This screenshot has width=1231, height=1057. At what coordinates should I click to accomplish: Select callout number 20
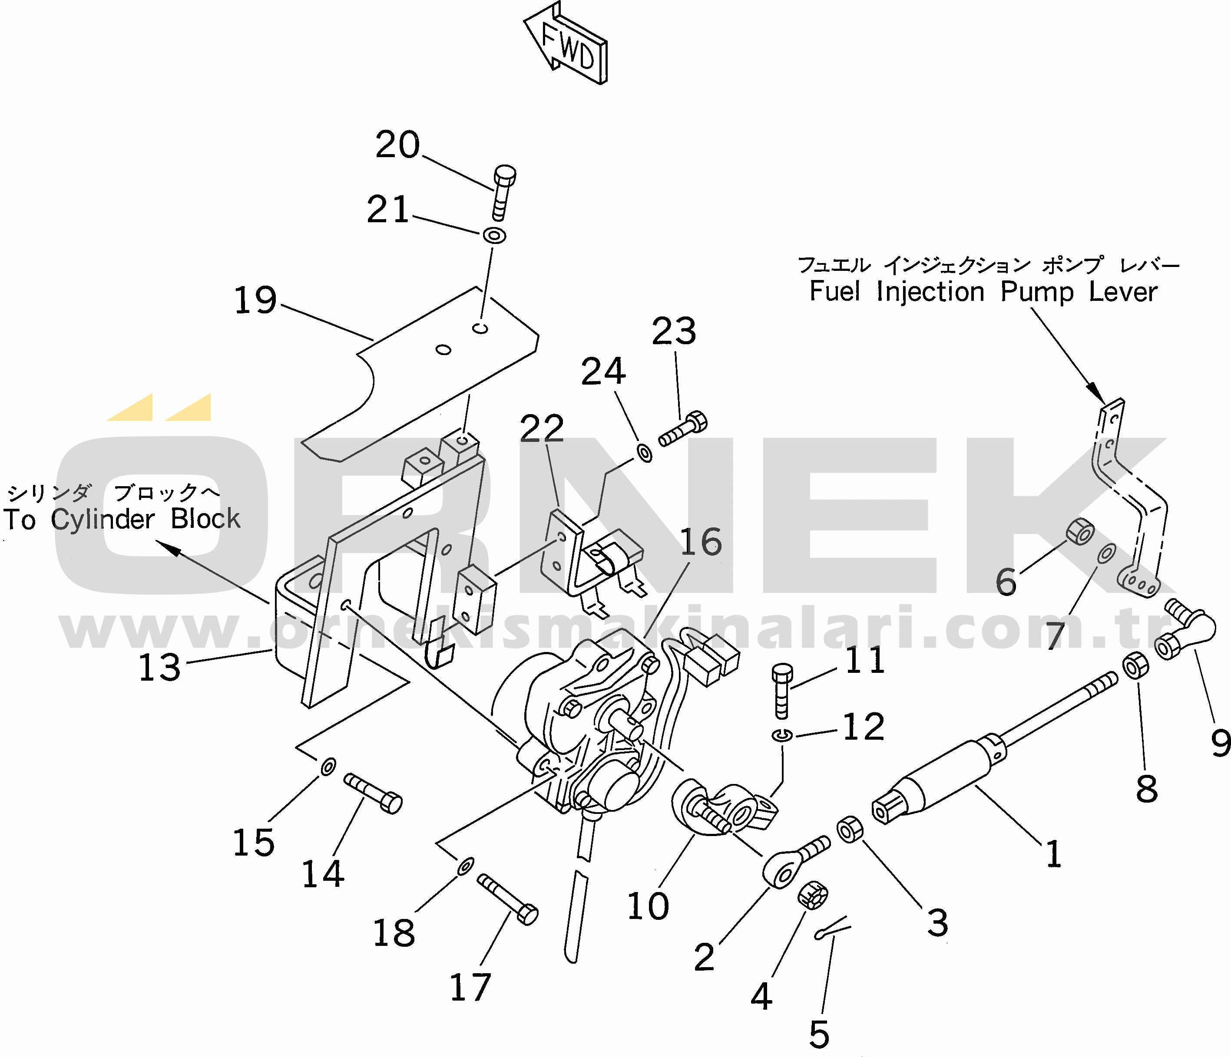(397, 145)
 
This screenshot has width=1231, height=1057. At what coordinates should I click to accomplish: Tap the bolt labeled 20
(503, 191)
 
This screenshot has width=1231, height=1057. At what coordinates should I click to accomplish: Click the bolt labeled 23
(683, 431)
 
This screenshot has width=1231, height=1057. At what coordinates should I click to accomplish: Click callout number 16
(701, 542)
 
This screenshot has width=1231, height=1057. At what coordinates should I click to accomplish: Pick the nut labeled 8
(1134, 666)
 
